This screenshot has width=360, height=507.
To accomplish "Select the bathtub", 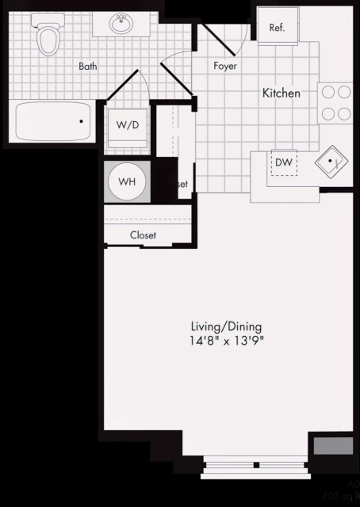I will [x=54, y=122].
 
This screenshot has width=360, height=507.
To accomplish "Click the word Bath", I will [x=87, y=67].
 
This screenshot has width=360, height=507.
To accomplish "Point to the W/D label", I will [x=126, y=125].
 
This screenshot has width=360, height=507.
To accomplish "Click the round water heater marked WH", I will [x=127, y=181].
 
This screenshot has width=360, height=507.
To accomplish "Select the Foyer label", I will [x=226, y=66].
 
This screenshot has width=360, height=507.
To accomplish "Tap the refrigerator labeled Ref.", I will [x=277, y=28].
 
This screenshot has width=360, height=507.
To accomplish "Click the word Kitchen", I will [x=281, y=93].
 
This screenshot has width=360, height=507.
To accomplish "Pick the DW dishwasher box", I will [x=284, y=162].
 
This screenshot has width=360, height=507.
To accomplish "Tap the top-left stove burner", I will [x=327, y=91].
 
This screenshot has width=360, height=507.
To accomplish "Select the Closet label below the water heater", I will [x=143, y=235].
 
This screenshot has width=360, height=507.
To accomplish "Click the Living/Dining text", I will [x=226, y=326].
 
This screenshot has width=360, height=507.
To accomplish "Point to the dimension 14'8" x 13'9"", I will [x=226, y=341].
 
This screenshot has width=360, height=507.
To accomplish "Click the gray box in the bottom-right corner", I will [x=333, y=445].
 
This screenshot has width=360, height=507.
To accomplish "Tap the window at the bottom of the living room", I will [x=254, y=468].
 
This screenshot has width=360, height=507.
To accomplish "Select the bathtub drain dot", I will [x=81, y=122].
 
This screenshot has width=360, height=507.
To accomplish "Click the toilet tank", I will [x=48, y=23].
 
